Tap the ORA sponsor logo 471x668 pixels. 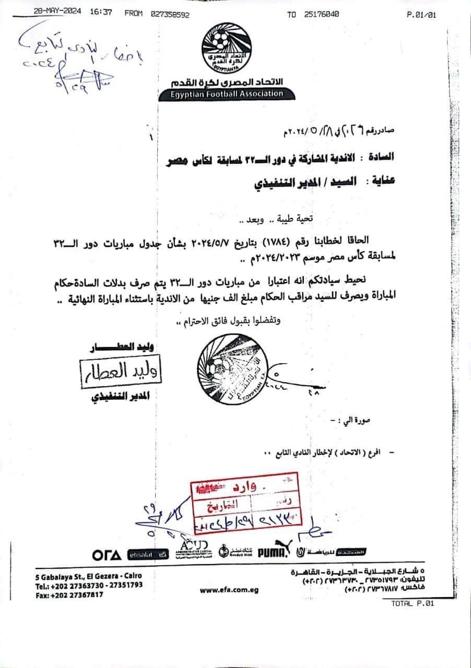pyautogui.click(x=107, y=554)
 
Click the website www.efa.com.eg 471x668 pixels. pyautogui.click(x=229, y=590)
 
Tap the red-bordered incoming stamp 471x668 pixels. pyautogui.click(x=245, y=506)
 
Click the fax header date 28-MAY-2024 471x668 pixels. pyautogui.click(x=57, y=14)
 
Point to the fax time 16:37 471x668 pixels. pyautogui.click(x=101, y=14)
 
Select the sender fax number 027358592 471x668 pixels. pyautogui.click(x=170, y=14)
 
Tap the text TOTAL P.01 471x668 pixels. pyautogui.click(x=412, y=603)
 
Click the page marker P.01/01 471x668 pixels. pyautogui.click(x=420, y=15)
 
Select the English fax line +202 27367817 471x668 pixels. pyautogui.click(x=69, y=595)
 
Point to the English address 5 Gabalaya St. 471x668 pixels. pyautogui.click(x=88, y=576)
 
